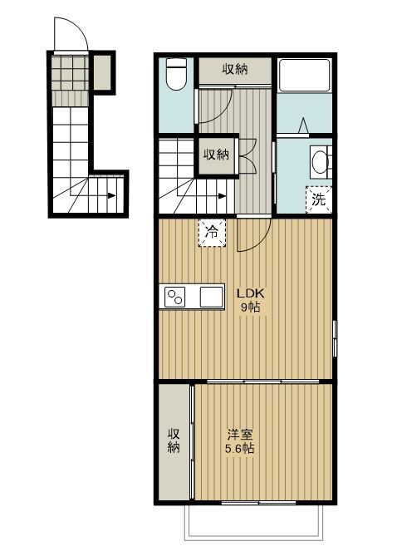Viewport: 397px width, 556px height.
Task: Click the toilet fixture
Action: (176, 74)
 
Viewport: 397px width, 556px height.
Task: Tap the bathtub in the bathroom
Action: (305, 76)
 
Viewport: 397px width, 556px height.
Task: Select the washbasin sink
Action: (321, 162)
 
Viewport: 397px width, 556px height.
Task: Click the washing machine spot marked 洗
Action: (319, 200)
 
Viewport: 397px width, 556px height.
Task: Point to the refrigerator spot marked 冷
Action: (212, 233)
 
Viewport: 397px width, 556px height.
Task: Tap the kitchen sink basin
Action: (212, 297)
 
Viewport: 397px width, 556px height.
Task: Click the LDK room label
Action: (251, 293)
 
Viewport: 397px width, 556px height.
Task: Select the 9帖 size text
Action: (250, 307)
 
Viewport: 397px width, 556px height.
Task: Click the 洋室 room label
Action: (240, 435)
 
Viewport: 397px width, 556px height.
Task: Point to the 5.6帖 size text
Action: (240, 449)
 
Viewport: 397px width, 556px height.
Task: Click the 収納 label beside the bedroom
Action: (174, 440)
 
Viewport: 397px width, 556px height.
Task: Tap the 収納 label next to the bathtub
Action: (235, 69)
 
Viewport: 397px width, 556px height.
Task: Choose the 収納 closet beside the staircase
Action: (216, 155)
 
